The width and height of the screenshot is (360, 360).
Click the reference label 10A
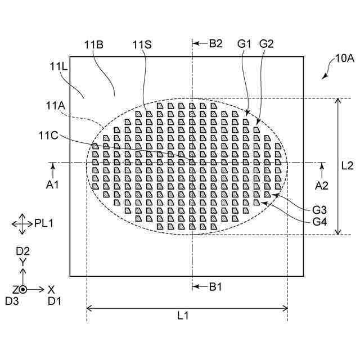click(345, 58)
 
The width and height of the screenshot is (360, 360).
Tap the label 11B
click(94, 44)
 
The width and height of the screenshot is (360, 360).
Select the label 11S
click(142, 44)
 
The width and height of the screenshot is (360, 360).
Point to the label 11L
click(58, 66)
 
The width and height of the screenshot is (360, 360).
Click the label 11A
click(56, 106)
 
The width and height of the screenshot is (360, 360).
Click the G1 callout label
click(244, 44)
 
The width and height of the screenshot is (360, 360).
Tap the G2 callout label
click(267, 44)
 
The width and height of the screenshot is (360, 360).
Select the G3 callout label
click(319, 210)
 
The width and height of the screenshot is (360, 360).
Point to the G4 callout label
click(319, 222)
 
